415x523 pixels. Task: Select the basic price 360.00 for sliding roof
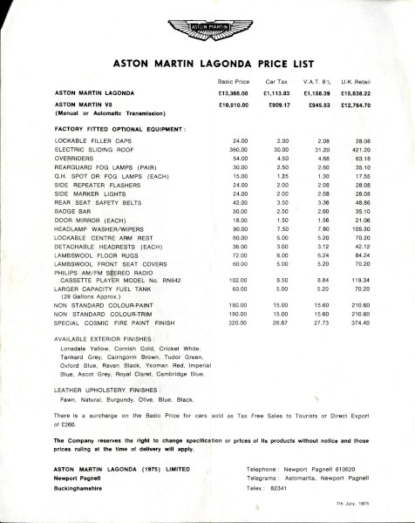tap(239, 150)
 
